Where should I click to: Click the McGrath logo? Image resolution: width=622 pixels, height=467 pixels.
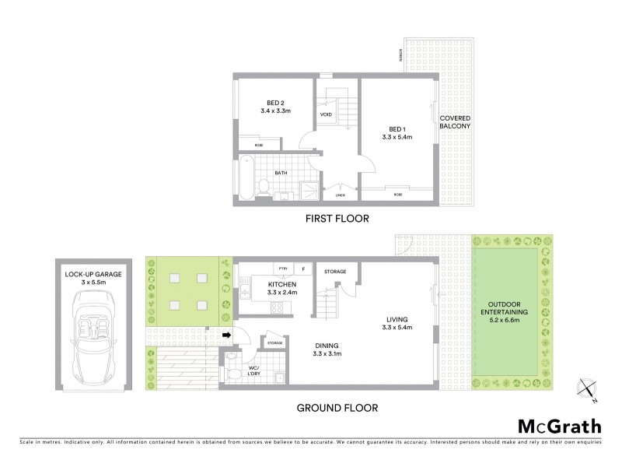click(x=559, y=426)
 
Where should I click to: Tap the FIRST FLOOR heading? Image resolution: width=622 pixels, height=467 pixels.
click(x=337, y=219)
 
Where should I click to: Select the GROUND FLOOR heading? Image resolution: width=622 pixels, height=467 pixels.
click(x=337, y=407)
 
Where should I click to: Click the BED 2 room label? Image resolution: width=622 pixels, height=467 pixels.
click(x=275, y=107)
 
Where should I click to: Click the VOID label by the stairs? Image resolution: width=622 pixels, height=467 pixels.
click(x=327, y=114)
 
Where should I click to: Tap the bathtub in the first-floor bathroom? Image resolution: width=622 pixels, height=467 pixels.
click(x=245, y=179)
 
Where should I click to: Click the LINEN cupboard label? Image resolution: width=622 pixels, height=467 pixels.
click(x=340, y=196)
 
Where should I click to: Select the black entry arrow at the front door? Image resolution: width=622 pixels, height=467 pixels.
click(x=225, y=336)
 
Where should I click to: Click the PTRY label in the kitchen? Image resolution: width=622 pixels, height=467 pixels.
click(x=283, y=269)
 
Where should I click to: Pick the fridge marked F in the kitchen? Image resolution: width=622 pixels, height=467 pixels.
click(x=302, y=269)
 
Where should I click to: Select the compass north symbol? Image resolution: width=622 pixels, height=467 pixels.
click(x=587, y=391)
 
